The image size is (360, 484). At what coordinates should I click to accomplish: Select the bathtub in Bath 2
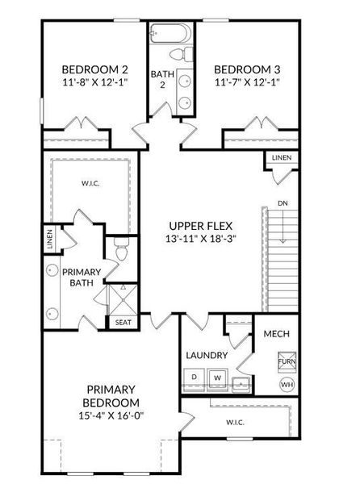(170, 34)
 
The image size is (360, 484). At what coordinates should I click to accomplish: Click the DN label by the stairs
(281, 203)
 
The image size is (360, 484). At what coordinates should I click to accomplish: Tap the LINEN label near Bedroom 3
(281, 158)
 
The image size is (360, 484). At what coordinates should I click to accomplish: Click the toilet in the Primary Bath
(120, 252)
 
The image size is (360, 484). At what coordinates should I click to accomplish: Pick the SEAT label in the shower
(123, 323)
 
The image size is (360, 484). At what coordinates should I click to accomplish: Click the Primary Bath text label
(81, 277)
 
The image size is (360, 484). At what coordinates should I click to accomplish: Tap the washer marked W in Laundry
(217, 377)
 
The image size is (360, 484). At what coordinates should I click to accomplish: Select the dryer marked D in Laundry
(195, 377)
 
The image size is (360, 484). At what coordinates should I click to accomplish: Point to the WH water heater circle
(287, 385)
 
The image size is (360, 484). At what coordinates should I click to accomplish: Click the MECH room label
(277, 334)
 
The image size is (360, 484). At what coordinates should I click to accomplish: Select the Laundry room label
(207, 355)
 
